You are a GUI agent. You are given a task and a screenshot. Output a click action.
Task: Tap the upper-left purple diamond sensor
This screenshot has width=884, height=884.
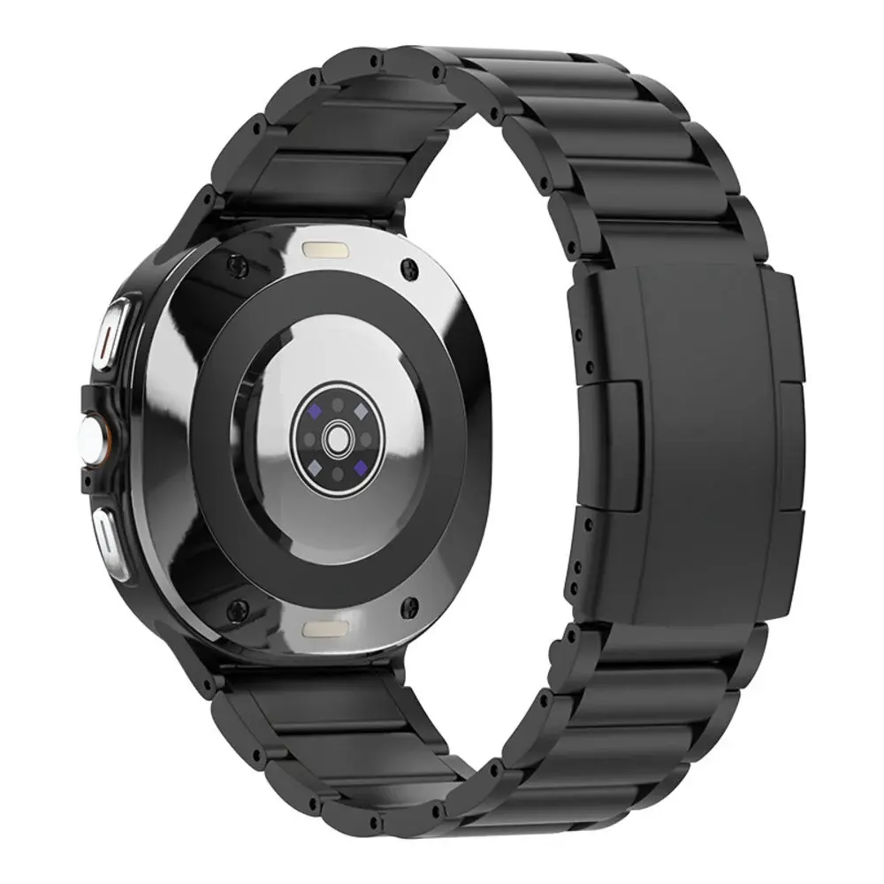(314, 411)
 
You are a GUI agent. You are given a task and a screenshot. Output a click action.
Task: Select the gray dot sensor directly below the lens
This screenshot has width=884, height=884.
(336, 471)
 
